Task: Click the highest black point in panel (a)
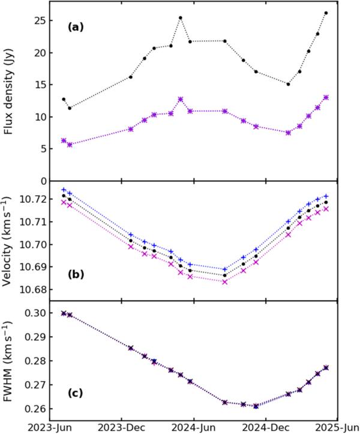(326, 13)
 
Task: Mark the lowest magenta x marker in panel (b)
(224, 281)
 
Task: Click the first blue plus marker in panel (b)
(64, 190)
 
